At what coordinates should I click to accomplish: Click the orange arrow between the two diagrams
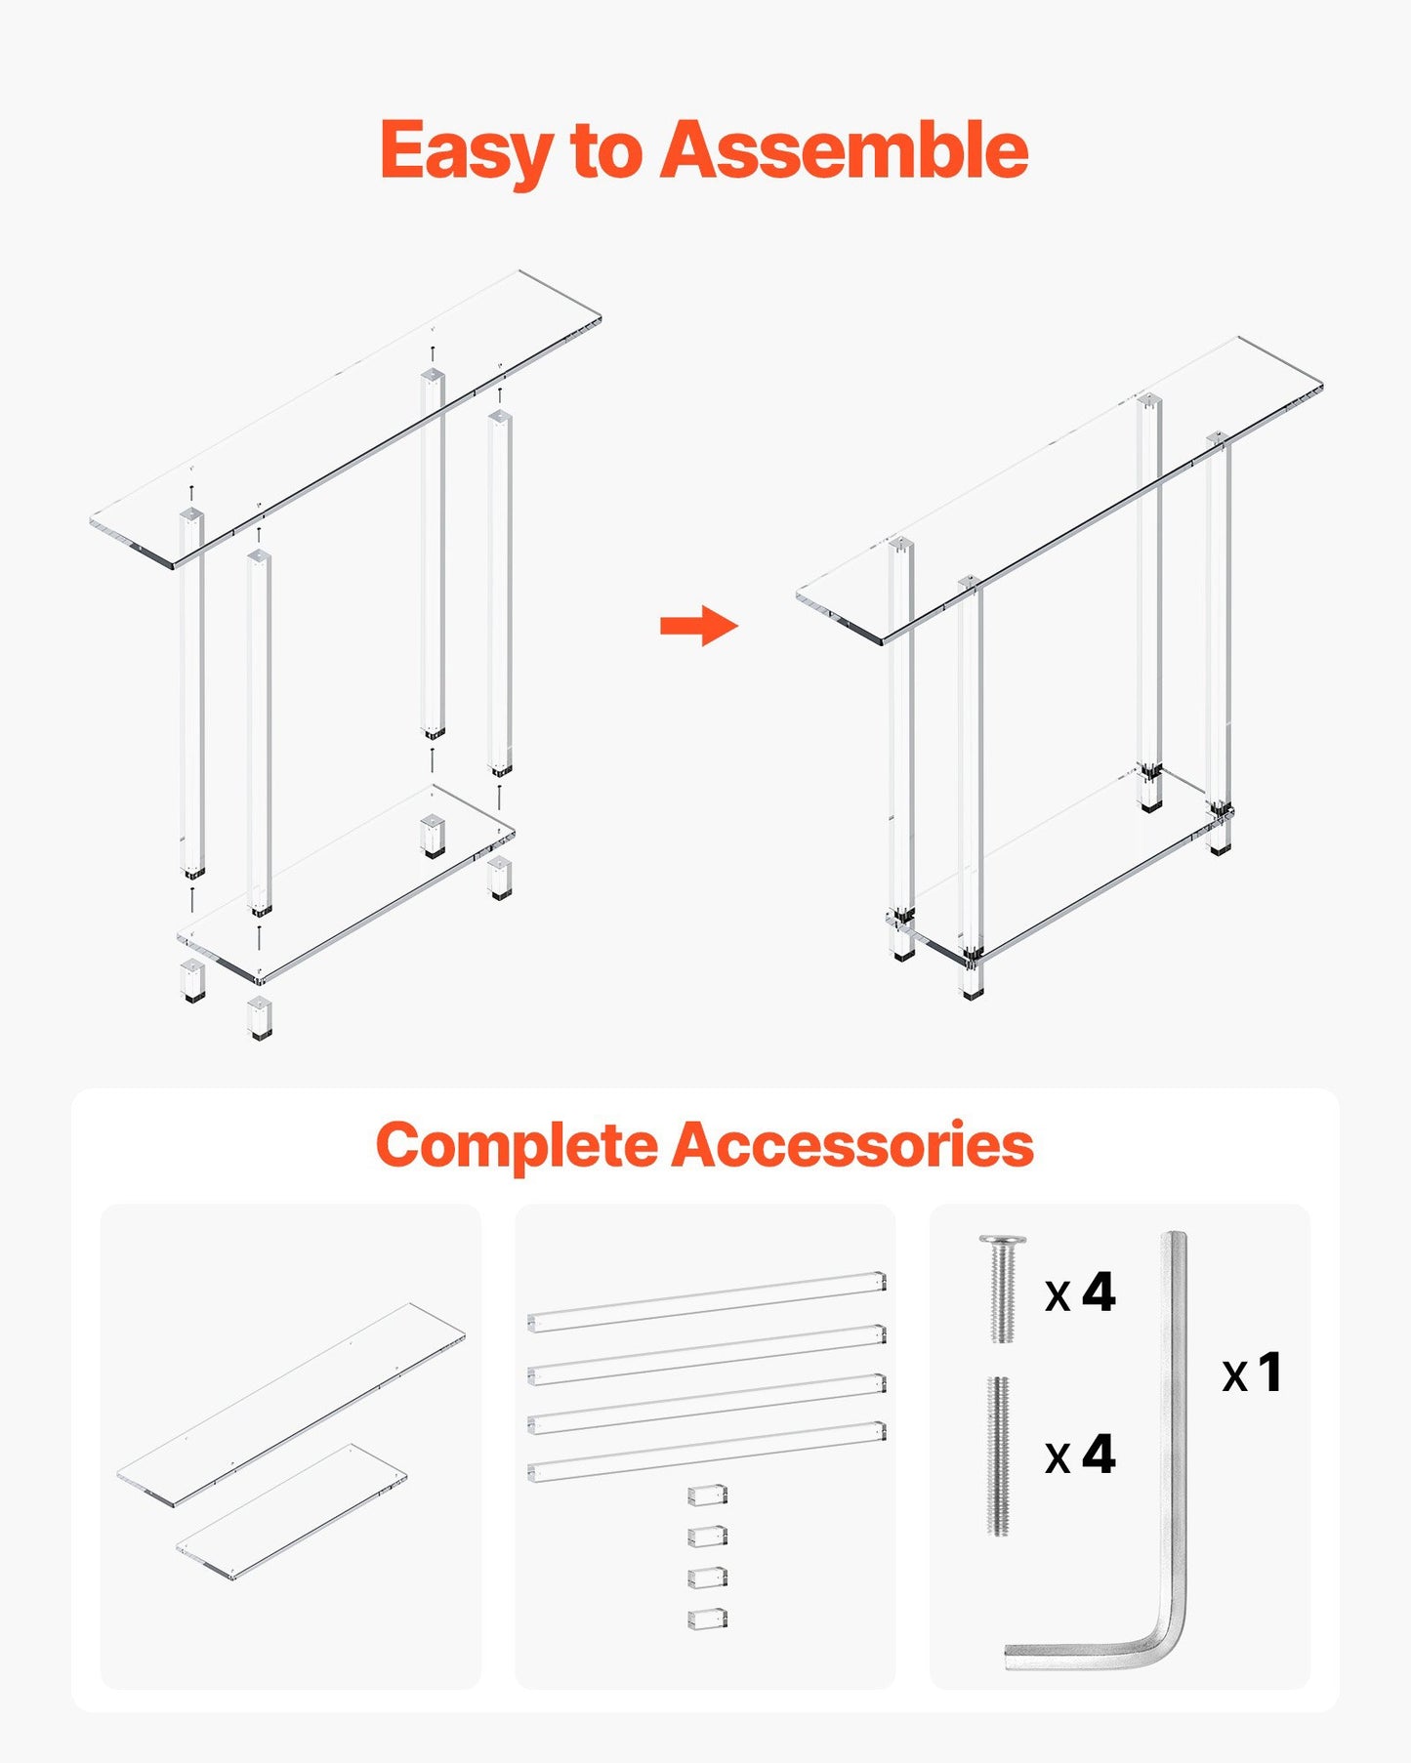pos(699,626)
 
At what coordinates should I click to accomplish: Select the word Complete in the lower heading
pos(517,1145)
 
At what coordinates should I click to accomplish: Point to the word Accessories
pos(851,1145)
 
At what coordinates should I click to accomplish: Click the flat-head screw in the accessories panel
pos(1002,1289)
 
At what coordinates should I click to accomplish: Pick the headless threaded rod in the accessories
pos(998,1455)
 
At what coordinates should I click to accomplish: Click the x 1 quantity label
pos(1251,1373)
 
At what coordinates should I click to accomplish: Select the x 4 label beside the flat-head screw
pos(1080,1293)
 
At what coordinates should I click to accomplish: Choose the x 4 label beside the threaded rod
pos(1080,1455)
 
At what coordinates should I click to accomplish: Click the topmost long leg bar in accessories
pos(706,1301)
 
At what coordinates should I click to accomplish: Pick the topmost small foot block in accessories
pos(707,1496)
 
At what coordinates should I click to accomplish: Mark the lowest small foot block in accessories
pos(707,1619)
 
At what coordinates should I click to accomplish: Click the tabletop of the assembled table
pos(1059,488)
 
